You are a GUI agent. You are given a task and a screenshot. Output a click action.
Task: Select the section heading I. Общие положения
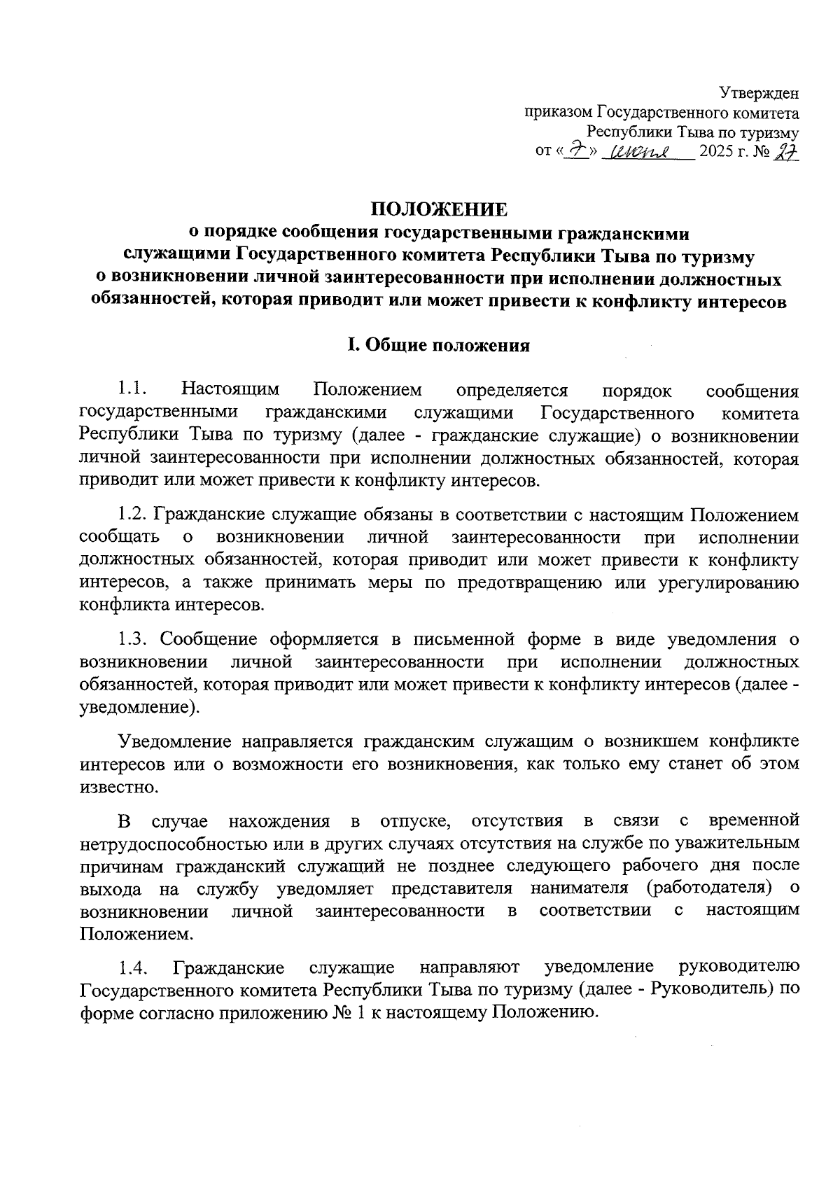[439, 345]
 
